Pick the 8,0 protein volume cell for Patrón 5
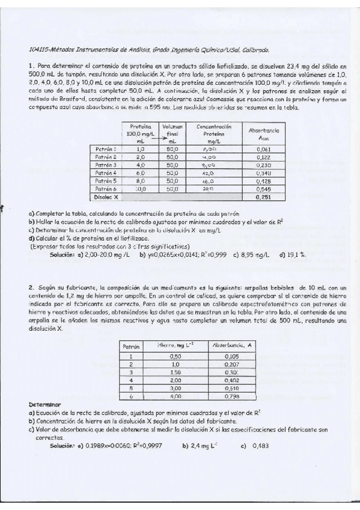pos(140,180)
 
